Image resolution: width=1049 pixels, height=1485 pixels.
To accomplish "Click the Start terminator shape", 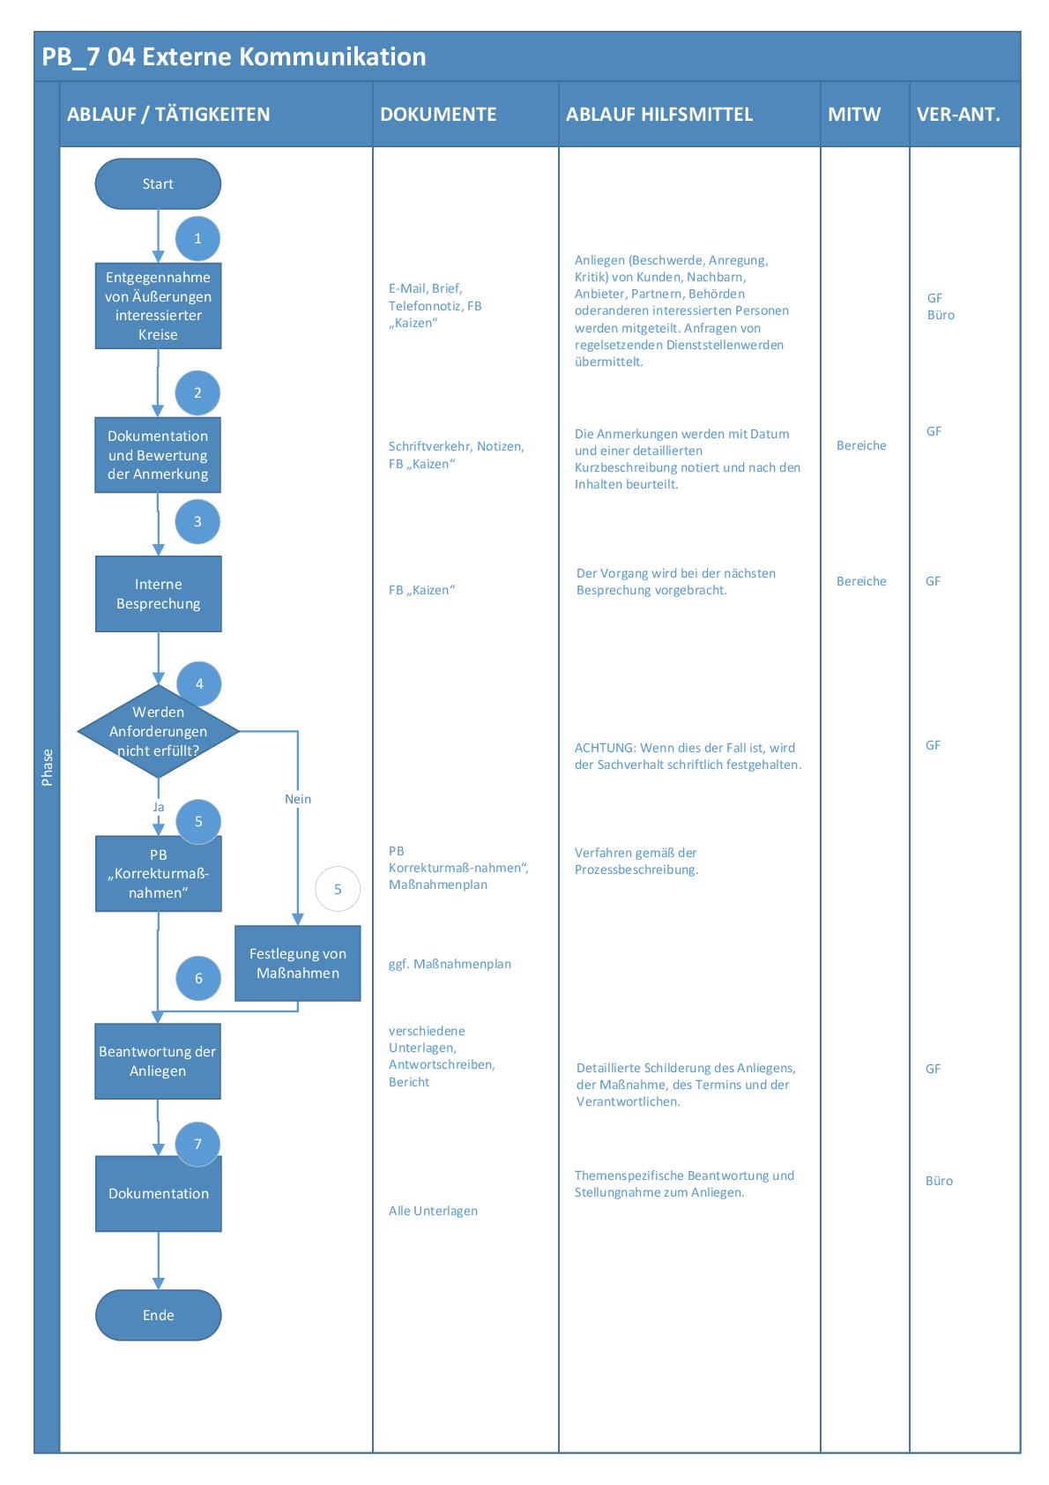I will pos(158,184).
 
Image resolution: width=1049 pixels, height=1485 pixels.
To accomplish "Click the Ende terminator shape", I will pos(158,1315).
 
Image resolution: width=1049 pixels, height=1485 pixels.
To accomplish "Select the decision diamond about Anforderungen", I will pos(158,731).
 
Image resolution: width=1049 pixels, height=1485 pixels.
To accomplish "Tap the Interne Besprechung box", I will pos(158,593).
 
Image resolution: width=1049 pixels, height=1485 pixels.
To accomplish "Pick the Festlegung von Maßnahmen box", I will pos(297,963).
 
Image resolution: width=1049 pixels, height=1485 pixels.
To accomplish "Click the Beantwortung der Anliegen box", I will pos(158,1061).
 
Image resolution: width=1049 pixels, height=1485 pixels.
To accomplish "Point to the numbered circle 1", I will pos(197,238).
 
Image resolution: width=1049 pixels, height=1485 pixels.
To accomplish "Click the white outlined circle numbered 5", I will pos(338,889).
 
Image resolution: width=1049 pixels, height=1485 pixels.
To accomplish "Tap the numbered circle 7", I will pos(197,1144).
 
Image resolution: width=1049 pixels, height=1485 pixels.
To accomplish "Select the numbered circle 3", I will pos(197,521).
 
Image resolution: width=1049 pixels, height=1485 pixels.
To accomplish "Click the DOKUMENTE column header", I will pos(438,115).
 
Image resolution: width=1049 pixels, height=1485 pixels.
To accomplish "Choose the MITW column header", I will pos(854,115).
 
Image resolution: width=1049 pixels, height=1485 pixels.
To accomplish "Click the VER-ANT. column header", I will pos(958,115).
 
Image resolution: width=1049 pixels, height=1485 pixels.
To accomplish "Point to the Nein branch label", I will pos(298,799).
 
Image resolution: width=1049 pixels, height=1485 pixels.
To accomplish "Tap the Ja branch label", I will pos(159,807).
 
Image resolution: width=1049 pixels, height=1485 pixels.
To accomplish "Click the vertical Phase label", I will pos(47,767).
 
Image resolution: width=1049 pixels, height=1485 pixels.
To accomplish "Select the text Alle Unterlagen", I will pos(433,1211).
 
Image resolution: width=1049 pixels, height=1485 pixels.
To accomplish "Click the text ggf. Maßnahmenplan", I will pos(450,964).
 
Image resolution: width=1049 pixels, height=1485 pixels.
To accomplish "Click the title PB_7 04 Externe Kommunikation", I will pos(234,57).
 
